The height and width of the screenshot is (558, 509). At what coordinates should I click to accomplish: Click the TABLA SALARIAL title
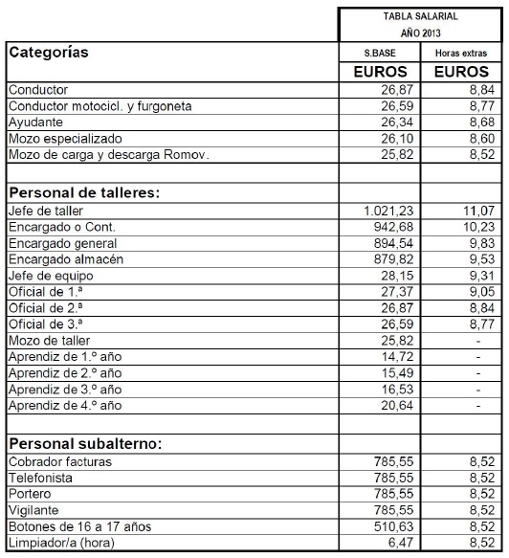420,16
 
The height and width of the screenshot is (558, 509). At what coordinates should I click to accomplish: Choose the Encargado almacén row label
70,258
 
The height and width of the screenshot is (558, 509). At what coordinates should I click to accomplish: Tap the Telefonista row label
42,477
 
